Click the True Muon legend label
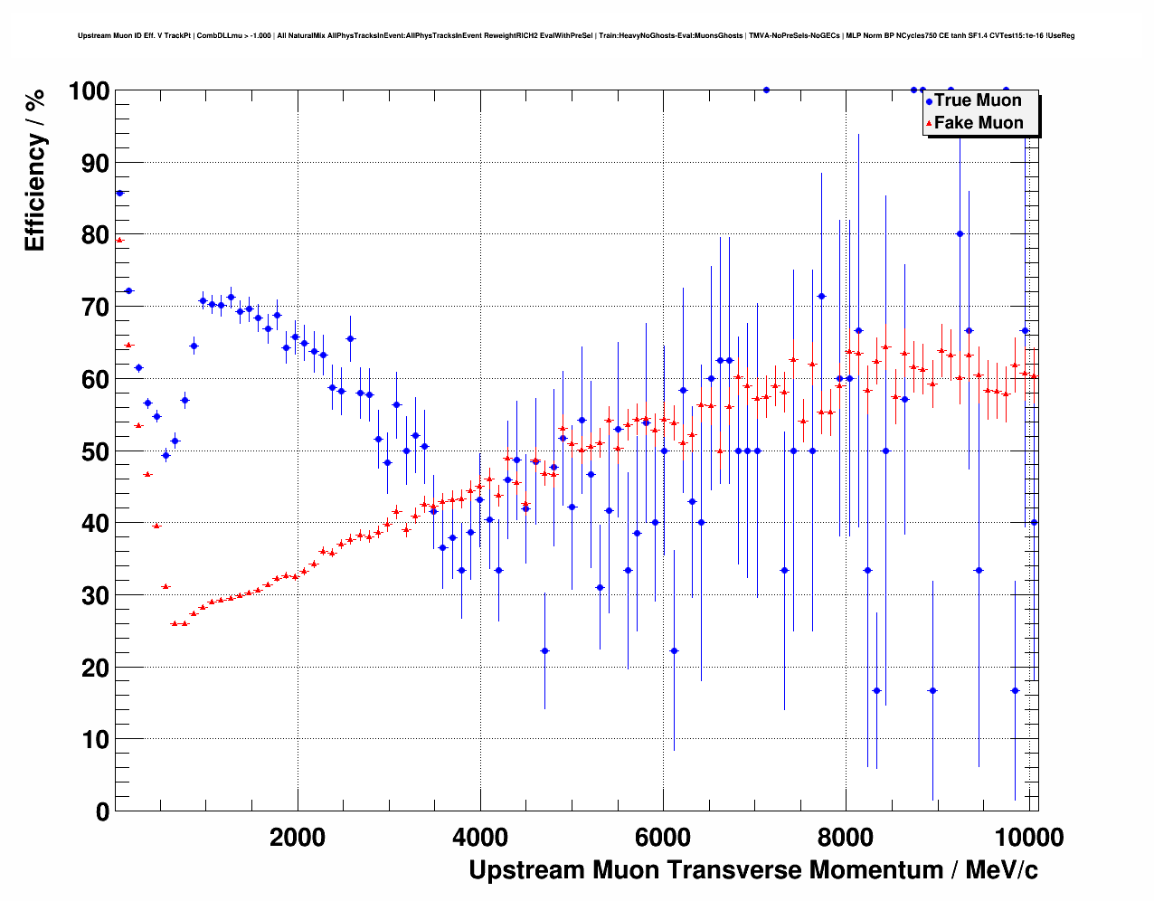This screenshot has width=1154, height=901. (x=978, y=100)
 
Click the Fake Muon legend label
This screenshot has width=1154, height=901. (x=979, y=123)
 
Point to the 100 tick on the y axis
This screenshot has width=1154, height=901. (x=89, y=91)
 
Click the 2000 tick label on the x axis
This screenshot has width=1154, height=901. (x=298, y=838)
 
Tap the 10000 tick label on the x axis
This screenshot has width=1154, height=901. (x=1028, y=838)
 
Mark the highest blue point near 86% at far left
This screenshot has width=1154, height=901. (x=119, y=193)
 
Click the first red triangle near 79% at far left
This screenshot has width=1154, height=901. (x=119, y=240)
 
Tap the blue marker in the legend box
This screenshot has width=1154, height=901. (x=929, y=101)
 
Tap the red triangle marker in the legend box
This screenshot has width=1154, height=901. (x=929, y=124)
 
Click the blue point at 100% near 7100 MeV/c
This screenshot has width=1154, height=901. (x=766, y=90)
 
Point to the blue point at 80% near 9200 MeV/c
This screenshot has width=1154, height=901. (x=960, y=233)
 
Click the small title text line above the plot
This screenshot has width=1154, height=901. (x=576, y=35)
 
